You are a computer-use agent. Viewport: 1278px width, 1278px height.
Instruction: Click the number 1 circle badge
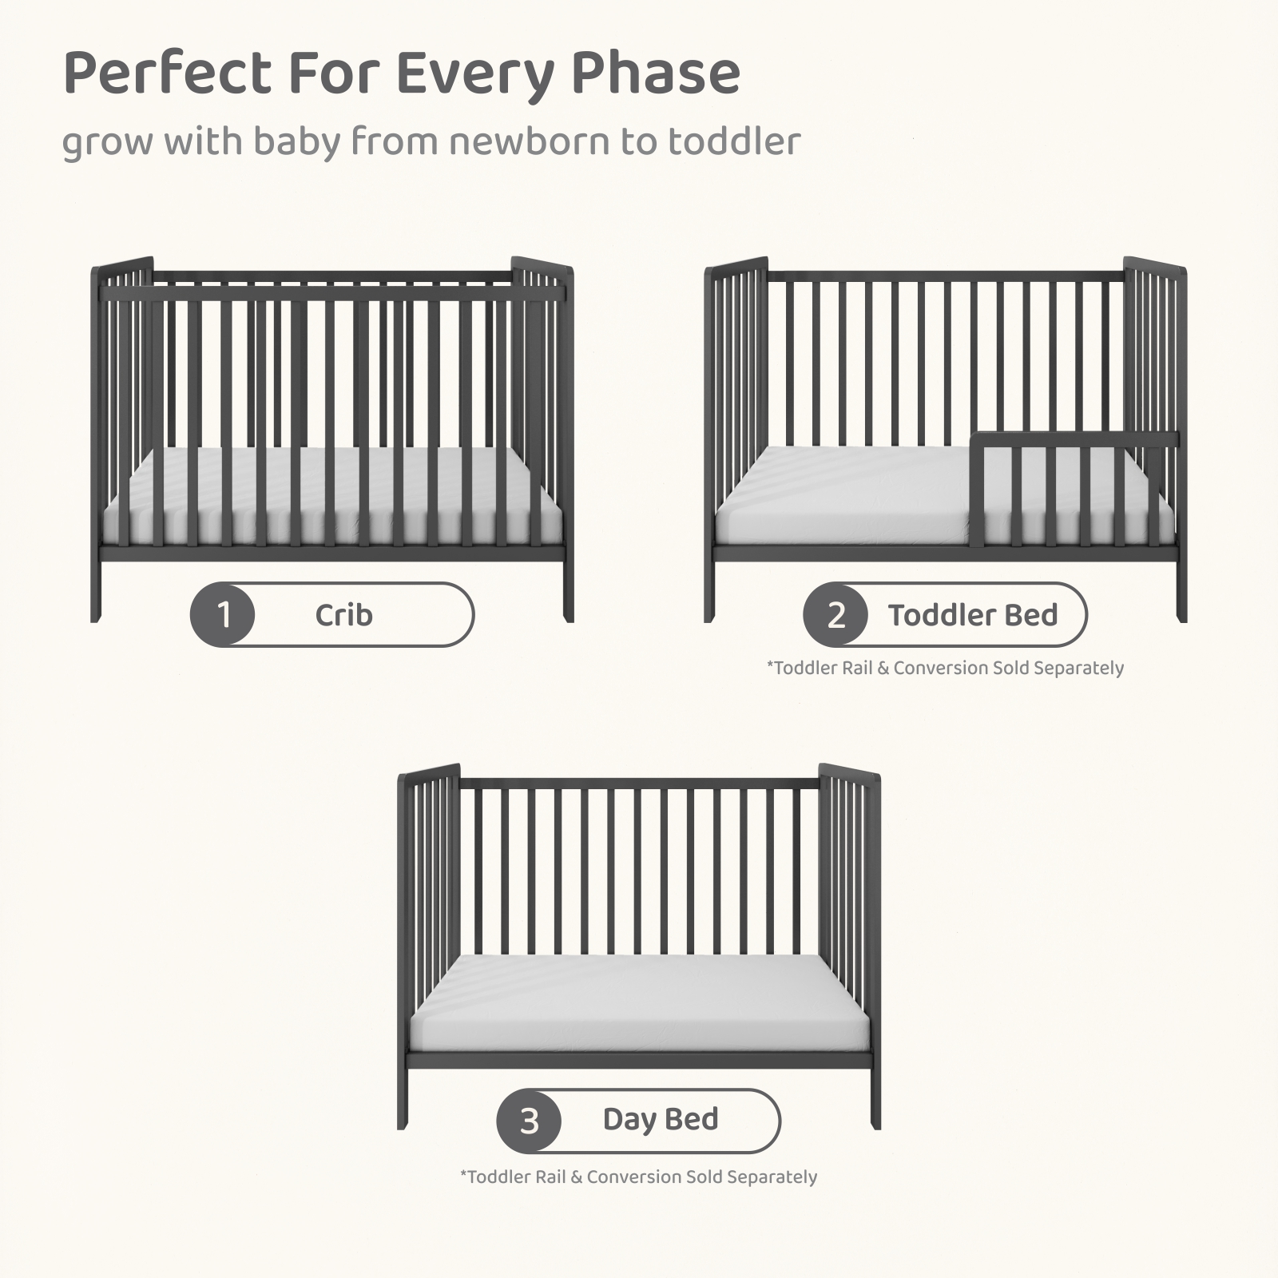223,614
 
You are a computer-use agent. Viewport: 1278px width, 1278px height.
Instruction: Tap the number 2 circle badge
835,614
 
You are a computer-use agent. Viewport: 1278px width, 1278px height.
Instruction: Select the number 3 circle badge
529,1121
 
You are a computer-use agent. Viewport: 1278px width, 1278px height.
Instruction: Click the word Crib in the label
343,615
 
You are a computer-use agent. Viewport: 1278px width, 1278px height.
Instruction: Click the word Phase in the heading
656,74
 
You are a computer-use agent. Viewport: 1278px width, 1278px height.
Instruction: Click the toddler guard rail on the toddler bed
1074,440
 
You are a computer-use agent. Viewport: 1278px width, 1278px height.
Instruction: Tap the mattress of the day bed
638,1003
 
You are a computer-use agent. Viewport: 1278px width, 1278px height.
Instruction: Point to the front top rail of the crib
331,294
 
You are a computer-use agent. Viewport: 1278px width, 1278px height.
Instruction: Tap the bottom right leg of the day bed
875,1097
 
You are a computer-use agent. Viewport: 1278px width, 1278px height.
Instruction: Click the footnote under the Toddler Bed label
945,668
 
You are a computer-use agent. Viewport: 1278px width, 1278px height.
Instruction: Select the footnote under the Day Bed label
638,1177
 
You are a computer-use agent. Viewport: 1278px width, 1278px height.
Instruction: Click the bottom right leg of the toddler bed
1182,591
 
